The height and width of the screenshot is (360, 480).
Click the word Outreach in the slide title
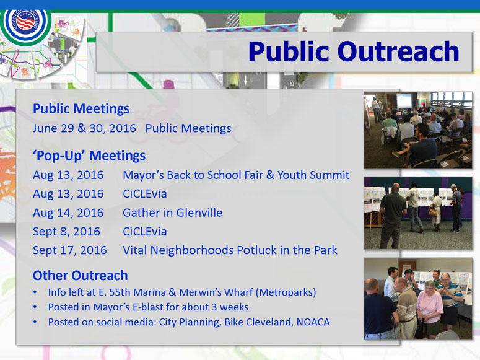pos(398,51)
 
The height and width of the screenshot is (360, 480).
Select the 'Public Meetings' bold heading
pos(81,109)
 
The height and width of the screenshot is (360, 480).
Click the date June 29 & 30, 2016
pos(84,128)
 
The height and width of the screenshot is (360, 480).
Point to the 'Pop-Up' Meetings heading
pos(89,156)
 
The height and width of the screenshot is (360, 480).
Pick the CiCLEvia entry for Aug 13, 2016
pos(145,194)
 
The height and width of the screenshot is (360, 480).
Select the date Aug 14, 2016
pos(68,213)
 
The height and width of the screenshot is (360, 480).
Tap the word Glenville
pos(199,213)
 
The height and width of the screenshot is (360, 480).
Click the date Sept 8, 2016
pos(66,232)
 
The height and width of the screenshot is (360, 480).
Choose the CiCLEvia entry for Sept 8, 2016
pos(145,232)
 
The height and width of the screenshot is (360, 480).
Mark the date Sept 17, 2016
pos(70,250)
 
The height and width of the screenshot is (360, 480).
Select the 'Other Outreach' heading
pos(80,276)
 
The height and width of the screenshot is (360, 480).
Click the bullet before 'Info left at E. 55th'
pos(35,292)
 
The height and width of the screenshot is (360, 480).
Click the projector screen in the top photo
pos(404,100)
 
